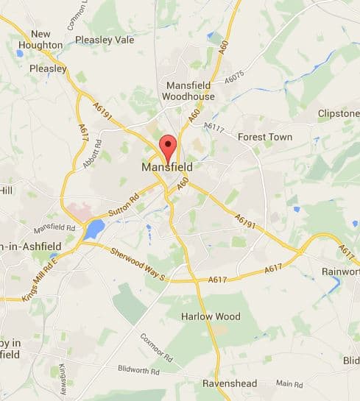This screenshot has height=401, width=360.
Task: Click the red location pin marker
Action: [168, 147]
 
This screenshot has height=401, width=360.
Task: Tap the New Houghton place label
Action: [46, 40]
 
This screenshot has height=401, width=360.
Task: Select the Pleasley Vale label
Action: [105, 40]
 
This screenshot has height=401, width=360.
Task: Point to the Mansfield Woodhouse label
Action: [190, 91]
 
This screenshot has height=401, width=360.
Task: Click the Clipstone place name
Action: [338, 113]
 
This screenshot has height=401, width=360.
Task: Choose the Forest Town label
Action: [265, 137]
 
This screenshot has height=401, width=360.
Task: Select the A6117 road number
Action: [213, 127]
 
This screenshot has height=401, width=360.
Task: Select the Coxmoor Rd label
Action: [156, 347]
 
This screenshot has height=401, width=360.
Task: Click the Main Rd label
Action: [289, 383]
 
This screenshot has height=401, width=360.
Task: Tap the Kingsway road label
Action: [63, 379]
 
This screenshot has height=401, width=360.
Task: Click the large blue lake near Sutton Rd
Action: [94, 229]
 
